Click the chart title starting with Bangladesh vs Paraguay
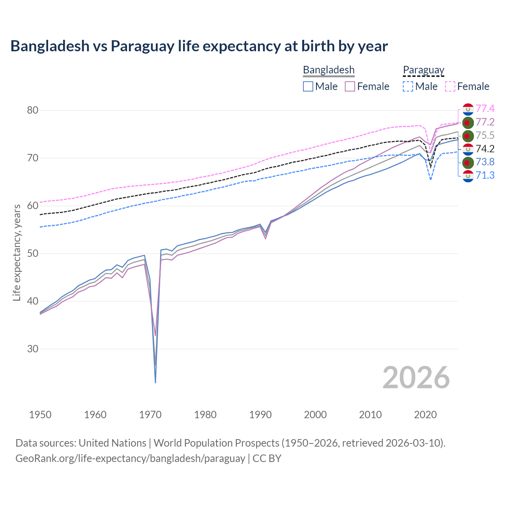pyautogui.click(x=199, y=46)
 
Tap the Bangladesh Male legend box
pyautogui.click(x=308, y=86)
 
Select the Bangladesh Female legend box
pyautogui.click(x=350, y=86)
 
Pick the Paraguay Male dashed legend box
pyautogui.click(x=408, y=86)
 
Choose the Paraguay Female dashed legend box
pyautogui.click(x=450, y=86)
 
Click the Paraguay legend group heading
pyautogui.click(x=423, y=70)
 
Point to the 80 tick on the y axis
pyautogui.click(x=32, y=110)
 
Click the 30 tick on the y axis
pyautogui.click(x=32, y=349)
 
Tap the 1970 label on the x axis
pyautogui.click(x=150, y=415)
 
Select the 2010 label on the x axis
pyautogui.click(x=370, y=415)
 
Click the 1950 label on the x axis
pyautogui.click(x=40, y=415)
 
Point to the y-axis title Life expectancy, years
pyautogui.click(x=17, y=252)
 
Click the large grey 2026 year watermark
pyautogui.click(x=416, y=378)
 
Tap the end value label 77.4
pyautogui.click(x=485, y=109)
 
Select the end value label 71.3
pyautogui.click(x=485, y=175)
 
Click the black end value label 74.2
pyautogui.click(x=485, y=149)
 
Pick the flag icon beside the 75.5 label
pyautogui.click(x=468, y=136)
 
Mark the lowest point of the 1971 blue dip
pyautogui.click(x=155, y=382)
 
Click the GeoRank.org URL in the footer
pyautogui.click(x=130, y=458)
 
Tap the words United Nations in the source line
pyautogui.click(x=112, y=443)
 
